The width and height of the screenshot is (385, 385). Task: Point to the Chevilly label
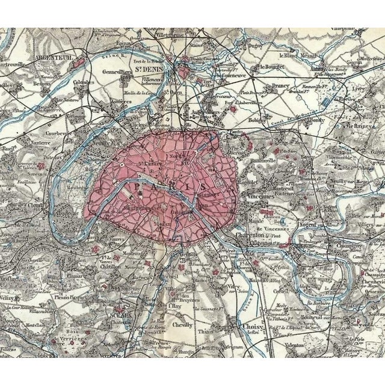[x=182, y=325]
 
